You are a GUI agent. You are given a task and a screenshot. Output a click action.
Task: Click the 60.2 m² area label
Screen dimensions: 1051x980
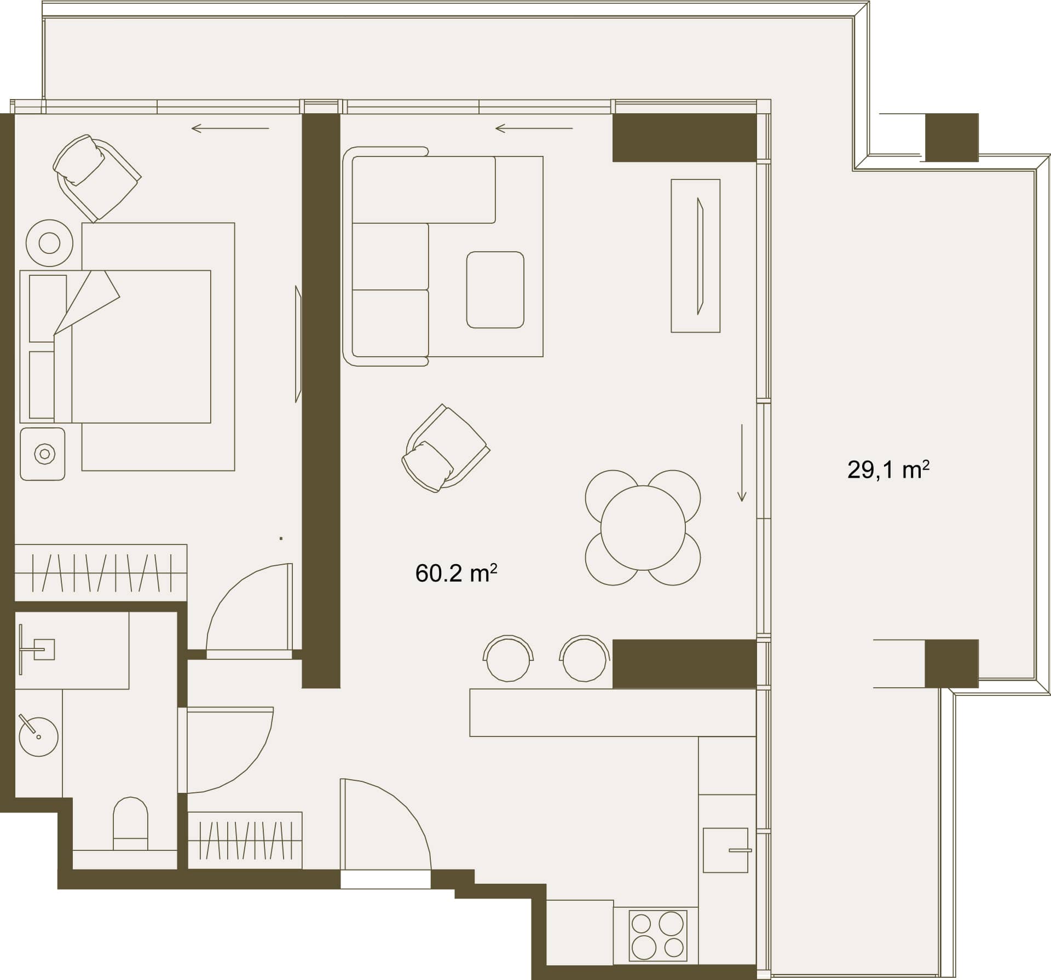pos(456,573)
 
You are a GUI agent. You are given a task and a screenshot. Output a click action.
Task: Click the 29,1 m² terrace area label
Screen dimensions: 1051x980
pos(888,469)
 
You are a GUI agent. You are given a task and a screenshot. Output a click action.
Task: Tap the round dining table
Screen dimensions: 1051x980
pos(643,528)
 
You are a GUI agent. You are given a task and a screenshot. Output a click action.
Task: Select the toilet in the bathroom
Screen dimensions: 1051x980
pos(130,824)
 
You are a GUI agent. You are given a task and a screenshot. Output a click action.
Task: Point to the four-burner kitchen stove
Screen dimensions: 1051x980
pos(658,936)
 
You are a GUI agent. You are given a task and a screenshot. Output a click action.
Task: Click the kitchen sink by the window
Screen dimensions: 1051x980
pos(726,850)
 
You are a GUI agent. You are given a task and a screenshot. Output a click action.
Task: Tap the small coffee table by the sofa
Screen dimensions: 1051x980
pos(495,290)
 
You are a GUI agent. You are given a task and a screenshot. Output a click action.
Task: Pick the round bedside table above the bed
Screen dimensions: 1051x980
pos(49,243)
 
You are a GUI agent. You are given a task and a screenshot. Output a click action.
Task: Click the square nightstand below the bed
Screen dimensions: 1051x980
pos(43,454)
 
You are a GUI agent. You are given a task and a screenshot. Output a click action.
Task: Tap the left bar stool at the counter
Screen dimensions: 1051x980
pos(508,658)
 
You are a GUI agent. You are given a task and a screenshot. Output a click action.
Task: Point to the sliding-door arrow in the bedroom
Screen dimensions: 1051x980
pos(230,129)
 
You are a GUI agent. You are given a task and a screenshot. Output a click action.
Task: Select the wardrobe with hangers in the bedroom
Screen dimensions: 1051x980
pos(101,573)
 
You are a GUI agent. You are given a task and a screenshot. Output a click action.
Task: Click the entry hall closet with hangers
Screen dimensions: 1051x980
pos(245,840)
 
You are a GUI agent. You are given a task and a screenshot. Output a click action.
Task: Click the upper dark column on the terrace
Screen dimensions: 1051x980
pos(951,137)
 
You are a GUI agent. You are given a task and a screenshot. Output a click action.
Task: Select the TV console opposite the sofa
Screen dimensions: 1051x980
pos(696,256)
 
